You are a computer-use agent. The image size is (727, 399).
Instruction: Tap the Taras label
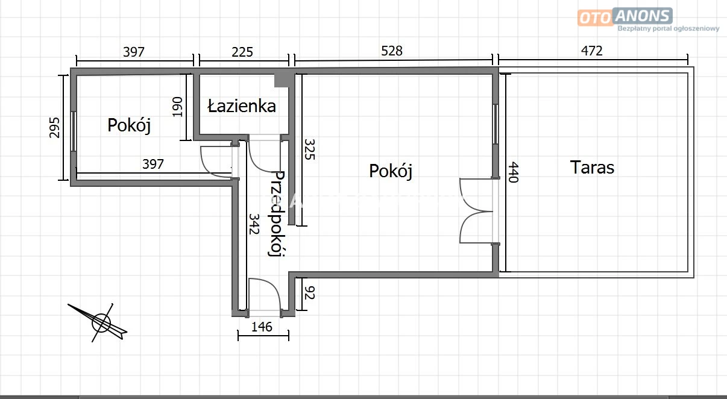[592, 168]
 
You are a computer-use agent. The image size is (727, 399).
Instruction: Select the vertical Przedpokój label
[277, 214]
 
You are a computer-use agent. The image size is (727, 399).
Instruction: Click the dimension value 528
[392, 51]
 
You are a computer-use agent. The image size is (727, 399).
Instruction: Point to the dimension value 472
[591, 51]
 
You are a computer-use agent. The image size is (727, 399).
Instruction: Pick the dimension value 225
[242, 52]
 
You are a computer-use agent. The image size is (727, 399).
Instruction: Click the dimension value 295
[54, 128]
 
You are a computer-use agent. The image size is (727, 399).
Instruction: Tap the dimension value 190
[177, 107]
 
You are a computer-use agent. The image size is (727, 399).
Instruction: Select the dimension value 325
[310, 149]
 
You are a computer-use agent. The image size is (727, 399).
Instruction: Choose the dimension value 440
[513, 172]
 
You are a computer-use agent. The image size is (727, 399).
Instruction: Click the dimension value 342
[254, 224]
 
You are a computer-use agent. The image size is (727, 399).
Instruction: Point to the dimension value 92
[310, 292]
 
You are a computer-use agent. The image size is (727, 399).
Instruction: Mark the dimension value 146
[262, 327]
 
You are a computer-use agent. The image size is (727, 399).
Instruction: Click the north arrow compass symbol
[101, 322]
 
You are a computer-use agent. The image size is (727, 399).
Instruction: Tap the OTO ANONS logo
[625, 16]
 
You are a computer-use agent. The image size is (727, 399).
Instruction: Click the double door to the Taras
[477, 211]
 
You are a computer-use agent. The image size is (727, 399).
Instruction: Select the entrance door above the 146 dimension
[264, 297]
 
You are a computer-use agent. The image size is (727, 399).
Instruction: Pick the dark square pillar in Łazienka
[282, 81]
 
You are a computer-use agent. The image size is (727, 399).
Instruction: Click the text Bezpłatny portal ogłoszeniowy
[669, 28]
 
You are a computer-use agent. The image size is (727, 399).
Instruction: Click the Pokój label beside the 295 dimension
[129, 125]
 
